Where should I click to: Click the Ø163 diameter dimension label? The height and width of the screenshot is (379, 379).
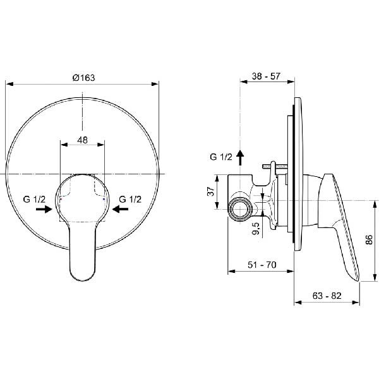(x=83, y=78)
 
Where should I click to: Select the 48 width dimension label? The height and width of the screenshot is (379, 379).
(x=82, y=140)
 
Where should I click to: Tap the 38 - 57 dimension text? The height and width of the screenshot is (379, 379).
(x=266, y=76)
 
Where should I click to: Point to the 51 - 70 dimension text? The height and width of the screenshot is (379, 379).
(x=262, y=265)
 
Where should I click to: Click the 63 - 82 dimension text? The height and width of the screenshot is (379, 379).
(x=327, y=296)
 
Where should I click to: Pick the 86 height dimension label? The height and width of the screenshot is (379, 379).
(x=369, y=240)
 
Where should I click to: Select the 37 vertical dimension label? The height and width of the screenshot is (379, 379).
(x=211, y=191)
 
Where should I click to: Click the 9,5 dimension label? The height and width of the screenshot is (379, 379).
(x=256, y=229)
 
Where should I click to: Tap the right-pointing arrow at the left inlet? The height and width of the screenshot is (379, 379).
(x=44, y=209)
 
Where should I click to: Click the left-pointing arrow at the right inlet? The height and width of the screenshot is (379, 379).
(x=121, y=209)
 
